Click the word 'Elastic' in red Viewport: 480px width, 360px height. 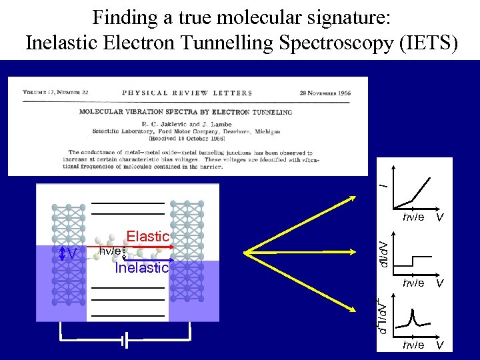coord(147,236)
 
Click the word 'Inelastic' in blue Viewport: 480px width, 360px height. coord(141,268)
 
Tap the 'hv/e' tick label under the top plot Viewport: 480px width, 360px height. coord(413,217)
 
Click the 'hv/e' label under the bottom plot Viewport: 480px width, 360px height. coord(413,345)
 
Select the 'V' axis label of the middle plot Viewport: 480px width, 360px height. coord(439,283)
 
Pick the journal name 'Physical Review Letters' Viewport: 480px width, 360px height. coord(187,93)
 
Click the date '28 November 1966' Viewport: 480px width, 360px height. coord(325,93)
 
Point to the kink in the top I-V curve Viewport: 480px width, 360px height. coord(413,199)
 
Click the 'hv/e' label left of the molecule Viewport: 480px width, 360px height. coord(110,251)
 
